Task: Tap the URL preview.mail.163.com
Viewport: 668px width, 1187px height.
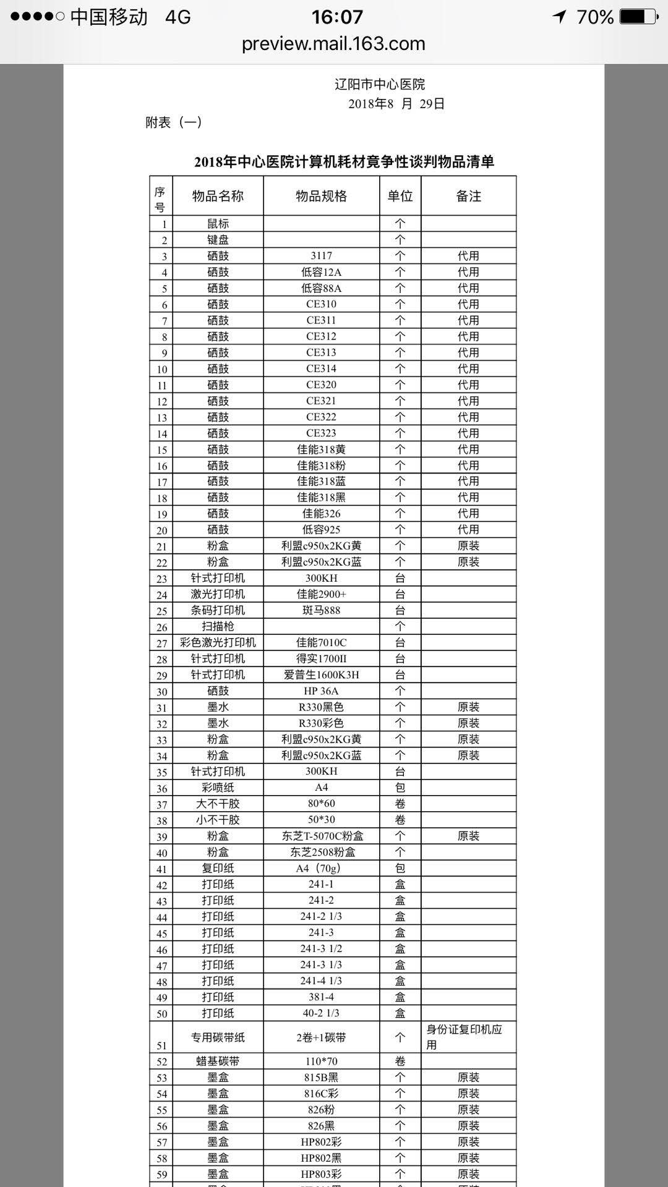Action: point(333,44)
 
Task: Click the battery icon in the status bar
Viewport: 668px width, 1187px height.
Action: point(638,17)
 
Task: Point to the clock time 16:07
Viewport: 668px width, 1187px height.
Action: point(337,17)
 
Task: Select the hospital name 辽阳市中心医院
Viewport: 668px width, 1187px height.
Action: point(380,84)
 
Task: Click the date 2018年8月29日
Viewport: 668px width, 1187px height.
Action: point(396,104)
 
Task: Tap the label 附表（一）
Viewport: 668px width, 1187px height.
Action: point(174,122)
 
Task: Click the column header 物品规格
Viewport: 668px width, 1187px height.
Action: point(321,197)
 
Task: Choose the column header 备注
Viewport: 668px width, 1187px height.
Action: point(468,197)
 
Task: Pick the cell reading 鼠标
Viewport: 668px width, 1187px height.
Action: point(218,224)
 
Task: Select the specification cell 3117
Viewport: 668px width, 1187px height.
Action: point(321,256)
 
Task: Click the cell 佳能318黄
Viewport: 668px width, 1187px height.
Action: point(321,449)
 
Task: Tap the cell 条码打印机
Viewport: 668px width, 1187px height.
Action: point(218,610)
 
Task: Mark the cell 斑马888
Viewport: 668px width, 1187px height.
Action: point(321,610)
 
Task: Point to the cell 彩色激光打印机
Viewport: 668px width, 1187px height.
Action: point(218,642)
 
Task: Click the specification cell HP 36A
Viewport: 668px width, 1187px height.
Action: point(321,691)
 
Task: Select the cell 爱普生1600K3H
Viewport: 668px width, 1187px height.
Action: point(321,674)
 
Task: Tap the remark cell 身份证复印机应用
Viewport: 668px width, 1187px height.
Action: point(464,1037)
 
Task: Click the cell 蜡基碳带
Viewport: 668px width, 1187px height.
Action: point(218,1061)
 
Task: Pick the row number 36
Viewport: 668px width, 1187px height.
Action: point(161,788)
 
